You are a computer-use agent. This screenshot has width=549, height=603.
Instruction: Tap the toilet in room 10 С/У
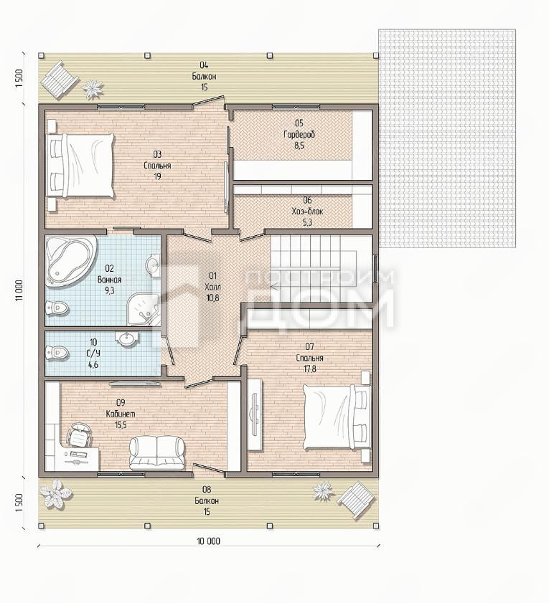pyautogui.click(x=57, y=352)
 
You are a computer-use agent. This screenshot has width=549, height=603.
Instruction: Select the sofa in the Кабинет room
pyautogui.click(x=156, y=453)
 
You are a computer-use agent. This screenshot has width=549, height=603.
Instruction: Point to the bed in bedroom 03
pyautogui.click(x=80, y=166)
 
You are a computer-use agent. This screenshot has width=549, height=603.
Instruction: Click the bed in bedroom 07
pyautogui.click(x=337, y=417)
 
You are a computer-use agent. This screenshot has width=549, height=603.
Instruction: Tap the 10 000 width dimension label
pyautogui.click(x=209, y=541)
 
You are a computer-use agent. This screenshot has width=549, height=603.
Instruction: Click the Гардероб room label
pyautogui.click(x=299, y=135)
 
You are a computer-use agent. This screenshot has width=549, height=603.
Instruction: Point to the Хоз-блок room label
pyautogui.click(x=308, y=212)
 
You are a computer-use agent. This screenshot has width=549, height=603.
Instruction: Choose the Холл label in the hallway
pyautogui.click(x=213, y=287)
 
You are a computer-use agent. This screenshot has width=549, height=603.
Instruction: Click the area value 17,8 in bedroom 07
pyautogui.click(x=309, y=369)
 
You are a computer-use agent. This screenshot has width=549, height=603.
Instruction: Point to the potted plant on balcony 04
pyautogui.click(x=93, y=89)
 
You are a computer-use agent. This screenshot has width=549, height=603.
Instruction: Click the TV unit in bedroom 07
pyautogui.click(x=254, y=414)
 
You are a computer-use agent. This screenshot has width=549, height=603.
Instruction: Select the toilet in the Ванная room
pyautogui.click(x=57, y=307)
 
